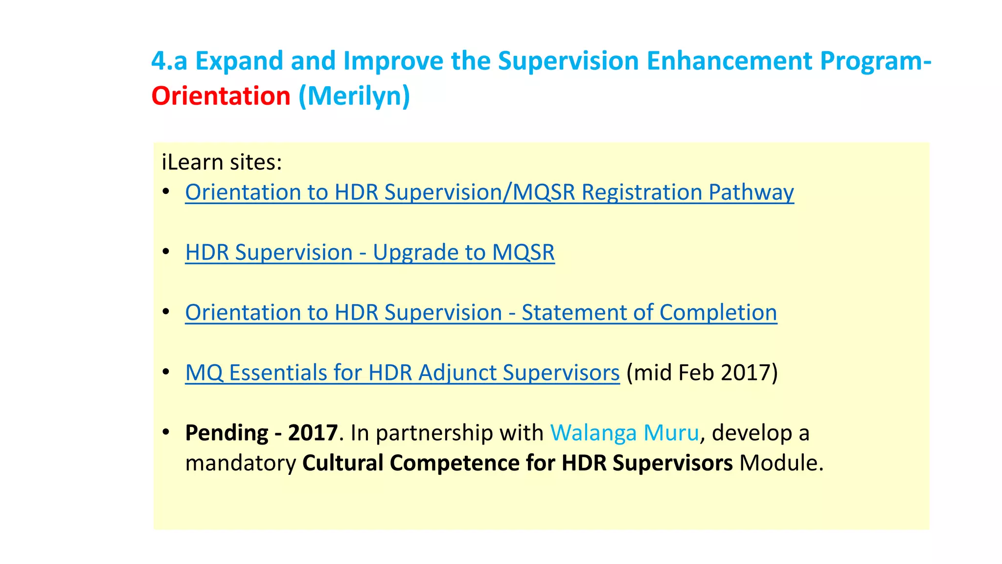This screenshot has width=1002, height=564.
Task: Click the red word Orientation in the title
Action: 221,96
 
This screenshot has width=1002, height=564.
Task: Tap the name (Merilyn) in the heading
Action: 354,96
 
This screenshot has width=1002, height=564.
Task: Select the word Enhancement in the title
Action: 729,61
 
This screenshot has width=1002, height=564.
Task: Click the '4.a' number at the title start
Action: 169,61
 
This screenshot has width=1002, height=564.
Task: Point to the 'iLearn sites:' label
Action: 222,162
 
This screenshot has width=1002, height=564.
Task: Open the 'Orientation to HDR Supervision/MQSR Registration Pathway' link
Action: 489,192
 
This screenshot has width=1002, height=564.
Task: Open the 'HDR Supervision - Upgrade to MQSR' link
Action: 370,253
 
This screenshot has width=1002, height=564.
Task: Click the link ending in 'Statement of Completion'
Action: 481,312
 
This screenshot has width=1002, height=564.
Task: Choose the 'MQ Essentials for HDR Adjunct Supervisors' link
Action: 402,373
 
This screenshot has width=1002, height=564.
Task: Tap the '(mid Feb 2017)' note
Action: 702,373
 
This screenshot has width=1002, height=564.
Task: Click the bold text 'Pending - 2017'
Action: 261,433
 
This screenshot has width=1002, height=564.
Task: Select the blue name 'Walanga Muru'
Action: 625,433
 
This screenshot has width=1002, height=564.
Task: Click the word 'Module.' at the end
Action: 781,463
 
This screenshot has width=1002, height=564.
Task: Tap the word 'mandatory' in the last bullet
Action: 241,463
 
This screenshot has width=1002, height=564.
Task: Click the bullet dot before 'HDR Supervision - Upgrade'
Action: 166,252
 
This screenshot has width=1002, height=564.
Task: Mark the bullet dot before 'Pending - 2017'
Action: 166,432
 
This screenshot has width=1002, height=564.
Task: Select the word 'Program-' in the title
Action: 876,61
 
